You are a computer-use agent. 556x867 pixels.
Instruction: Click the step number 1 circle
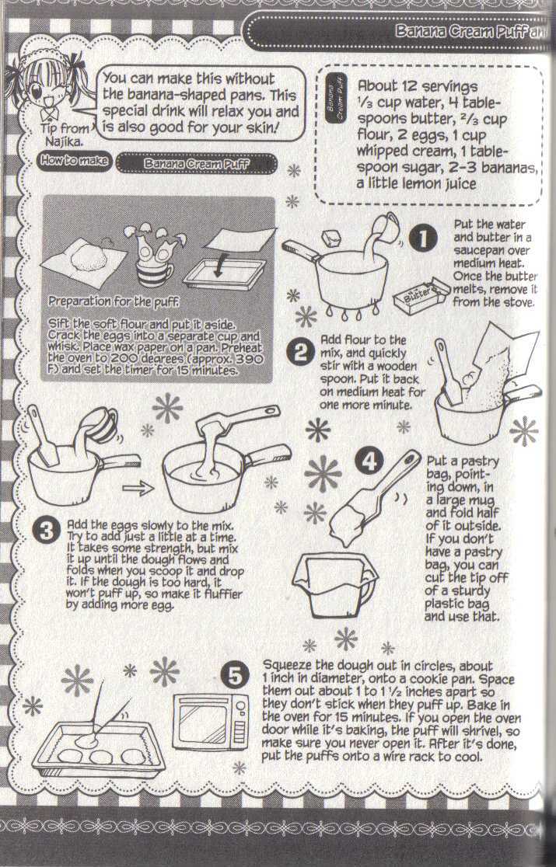pos(423,239)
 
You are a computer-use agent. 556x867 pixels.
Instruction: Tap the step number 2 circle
pos(300,352)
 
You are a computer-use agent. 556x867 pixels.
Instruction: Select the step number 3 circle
pos(46,531)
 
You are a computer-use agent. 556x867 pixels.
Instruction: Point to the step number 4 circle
pos(369,460)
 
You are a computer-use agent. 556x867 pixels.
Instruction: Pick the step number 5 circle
pos(235,676)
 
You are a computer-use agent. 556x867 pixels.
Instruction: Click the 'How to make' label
pos(75,160)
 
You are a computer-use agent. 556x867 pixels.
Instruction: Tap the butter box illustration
pos(422,296)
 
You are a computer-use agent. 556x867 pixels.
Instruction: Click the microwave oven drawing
pos(211,721)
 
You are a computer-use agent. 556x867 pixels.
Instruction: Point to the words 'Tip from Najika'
pos(65,134)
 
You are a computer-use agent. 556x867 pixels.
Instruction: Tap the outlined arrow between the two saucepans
pos(137,488)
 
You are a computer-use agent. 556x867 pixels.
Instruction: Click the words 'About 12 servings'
pos(417,86)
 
